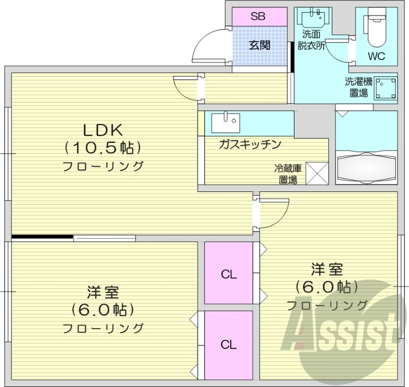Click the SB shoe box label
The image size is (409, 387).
click(x=258, y=16)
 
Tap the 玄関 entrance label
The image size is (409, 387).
click(x=260, y=45)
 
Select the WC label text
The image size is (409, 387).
click(x=376, y=56)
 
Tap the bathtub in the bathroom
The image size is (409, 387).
click(x=366, y=167)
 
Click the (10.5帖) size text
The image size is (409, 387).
click(x=102, y=147)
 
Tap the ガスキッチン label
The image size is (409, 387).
click(x=250, y=144)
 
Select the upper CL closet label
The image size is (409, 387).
click(x=229, y=274)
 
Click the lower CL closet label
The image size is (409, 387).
click(x=229, y=345)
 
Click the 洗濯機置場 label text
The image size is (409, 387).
click(x=358, y=87)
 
